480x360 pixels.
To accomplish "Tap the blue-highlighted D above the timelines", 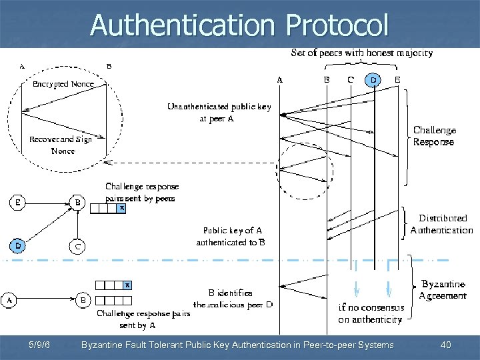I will pos(374,81).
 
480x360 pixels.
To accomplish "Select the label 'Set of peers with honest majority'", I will pos(361,53).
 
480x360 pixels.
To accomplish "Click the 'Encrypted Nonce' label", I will pos(63,84).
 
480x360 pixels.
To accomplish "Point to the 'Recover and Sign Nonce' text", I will pos(61,145).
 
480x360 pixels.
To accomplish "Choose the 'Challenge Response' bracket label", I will pos(434,136).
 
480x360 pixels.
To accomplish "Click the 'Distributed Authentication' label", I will pos(441,224).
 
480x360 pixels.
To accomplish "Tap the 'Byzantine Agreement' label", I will pos(443,290).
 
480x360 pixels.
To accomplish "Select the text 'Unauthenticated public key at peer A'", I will pos(219,112).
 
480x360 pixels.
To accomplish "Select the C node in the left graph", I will pos(79,246).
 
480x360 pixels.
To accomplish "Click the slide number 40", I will pos(446,345).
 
